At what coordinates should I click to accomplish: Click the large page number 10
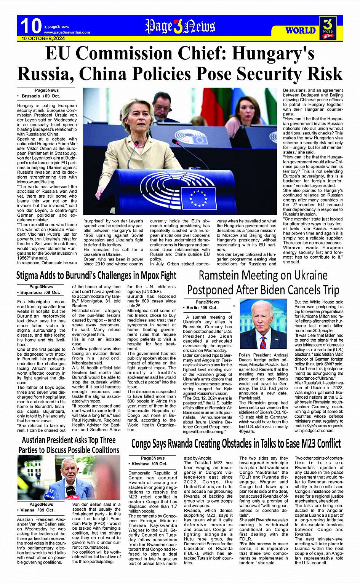(30, 26)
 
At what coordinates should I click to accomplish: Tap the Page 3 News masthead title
(180, 26)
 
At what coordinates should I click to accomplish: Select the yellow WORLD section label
(301, 30)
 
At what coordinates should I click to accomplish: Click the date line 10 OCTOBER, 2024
(43, 38)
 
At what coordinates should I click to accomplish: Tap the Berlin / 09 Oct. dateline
(202, 307)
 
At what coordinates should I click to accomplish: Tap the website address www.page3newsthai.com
(67, 32)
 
